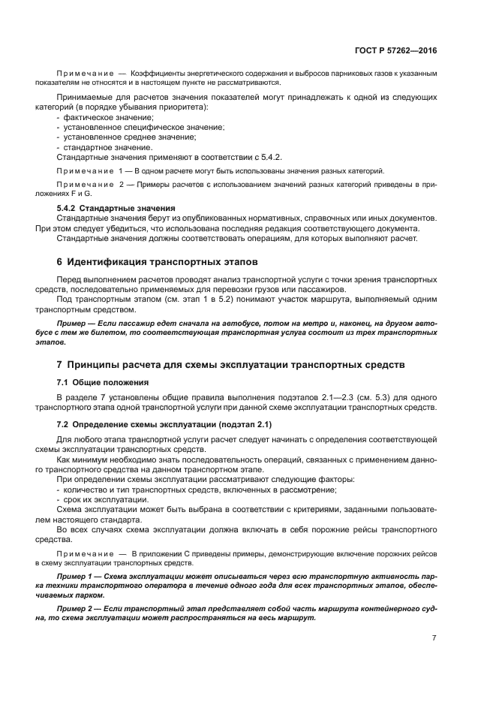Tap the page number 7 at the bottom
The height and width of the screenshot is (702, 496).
pyautogui.click(x=434, y=638)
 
